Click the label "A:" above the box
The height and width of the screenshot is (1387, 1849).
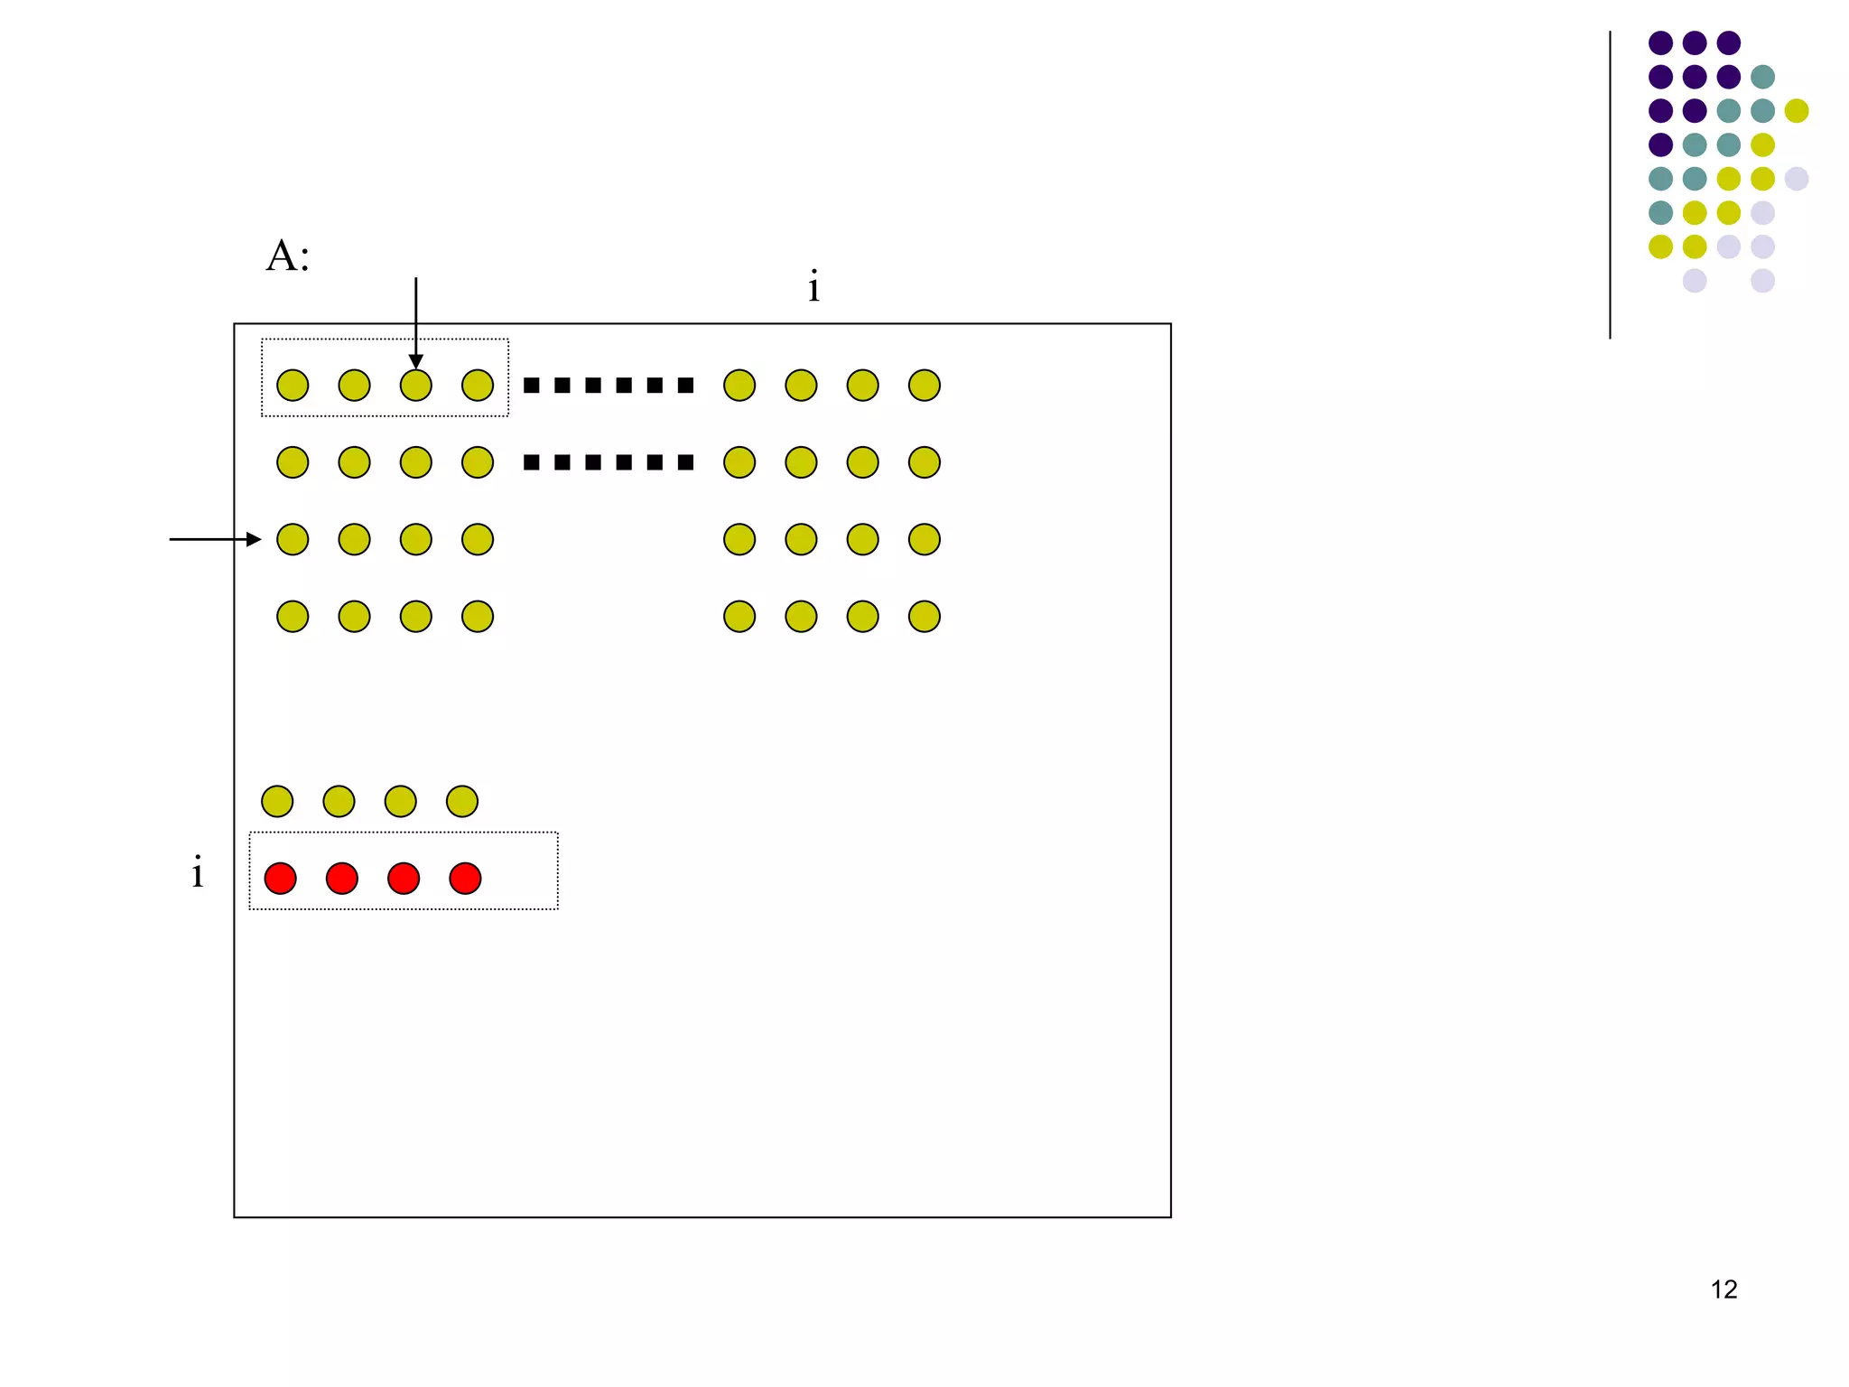click(x=288, y=256)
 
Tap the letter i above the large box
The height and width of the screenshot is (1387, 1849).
click(x=813, y=287)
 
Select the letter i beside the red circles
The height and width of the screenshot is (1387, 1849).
click(x=197, y=872)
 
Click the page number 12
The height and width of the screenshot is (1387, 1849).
click(x=1724, y=1289)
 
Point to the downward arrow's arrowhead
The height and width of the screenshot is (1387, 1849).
click(x=415, y=361)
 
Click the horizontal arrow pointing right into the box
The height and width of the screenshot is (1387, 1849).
click(x=215, y=539)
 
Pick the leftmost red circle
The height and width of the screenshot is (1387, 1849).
click(x=280, y=878)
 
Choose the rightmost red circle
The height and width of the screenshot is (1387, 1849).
click(x=465, y=878)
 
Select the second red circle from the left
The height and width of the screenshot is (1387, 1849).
click(x=341, y=878)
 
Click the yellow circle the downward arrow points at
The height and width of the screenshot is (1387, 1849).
click(x=415, y=386)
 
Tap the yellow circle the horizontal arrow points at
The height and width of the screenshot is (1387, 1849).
click(x=293, y=539)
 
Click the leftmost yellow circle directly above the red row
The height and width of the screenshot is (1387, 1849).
click(x=277, y=801)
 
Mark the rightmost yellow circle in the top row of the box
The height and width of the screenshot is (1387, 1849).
click(x=924, y=386)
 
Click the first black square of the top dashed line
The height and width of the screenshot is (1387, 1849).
click(x=532, y=386)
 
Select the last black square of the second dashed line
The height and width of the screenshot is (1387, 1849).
click(x=686, y=462)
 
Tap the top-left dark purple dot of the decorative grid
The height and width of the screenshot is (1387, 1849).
click(x=1660, y=42)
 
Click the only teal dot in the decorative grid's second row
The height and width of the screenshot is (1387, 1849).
click(x=1762, y=77)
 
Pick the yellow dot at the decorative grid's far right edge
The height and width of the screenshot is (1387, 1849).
click(x=1797, y=110)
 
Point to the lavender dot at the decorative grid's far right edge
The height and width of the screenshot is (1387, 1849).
click(x=1797, y=179)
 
